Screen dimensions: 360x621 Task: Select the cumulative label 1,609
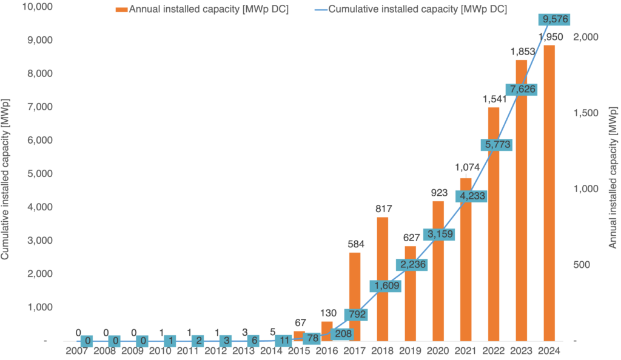[x=386, y=285]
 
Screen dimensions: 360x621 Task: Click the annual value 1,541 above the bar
[x=493, y=99]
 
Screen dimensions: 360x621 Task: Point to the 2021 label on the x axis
[x=466, y=351]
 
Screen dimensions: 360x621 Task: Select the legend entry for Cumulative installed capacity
[x=415, y=9]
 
